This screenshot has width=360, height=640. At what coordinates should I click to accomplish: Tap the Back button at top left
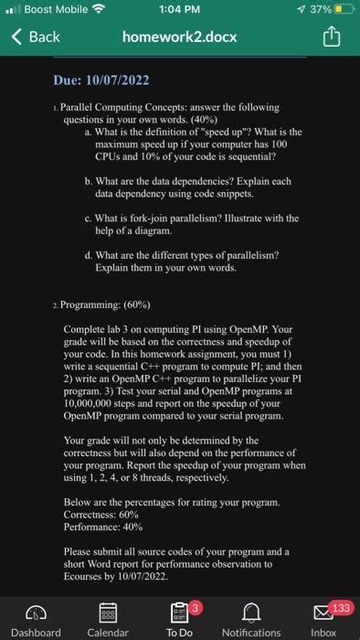tap(37, 37)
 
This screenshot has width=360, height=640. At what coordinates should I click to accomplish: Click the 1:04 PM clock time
tap(179, 11)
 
